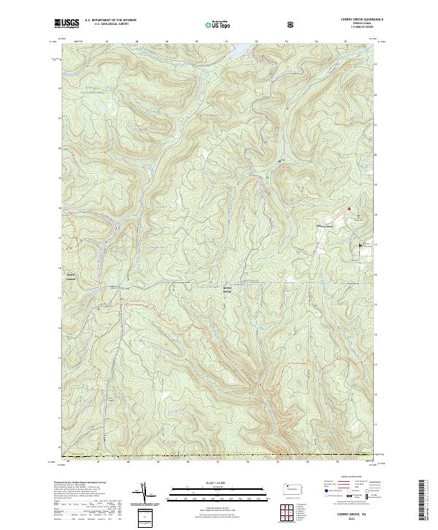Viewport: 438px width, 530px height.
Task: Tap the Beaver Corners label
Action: pos(70,278)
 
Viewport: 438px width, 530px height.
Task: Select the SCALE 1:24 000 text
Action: pos(218,481)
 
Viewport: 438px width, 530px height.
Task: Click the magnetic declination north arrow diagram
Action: pos(146,492)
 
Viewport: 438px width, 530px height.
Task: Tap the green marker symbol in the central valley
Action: pos(268,176)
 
